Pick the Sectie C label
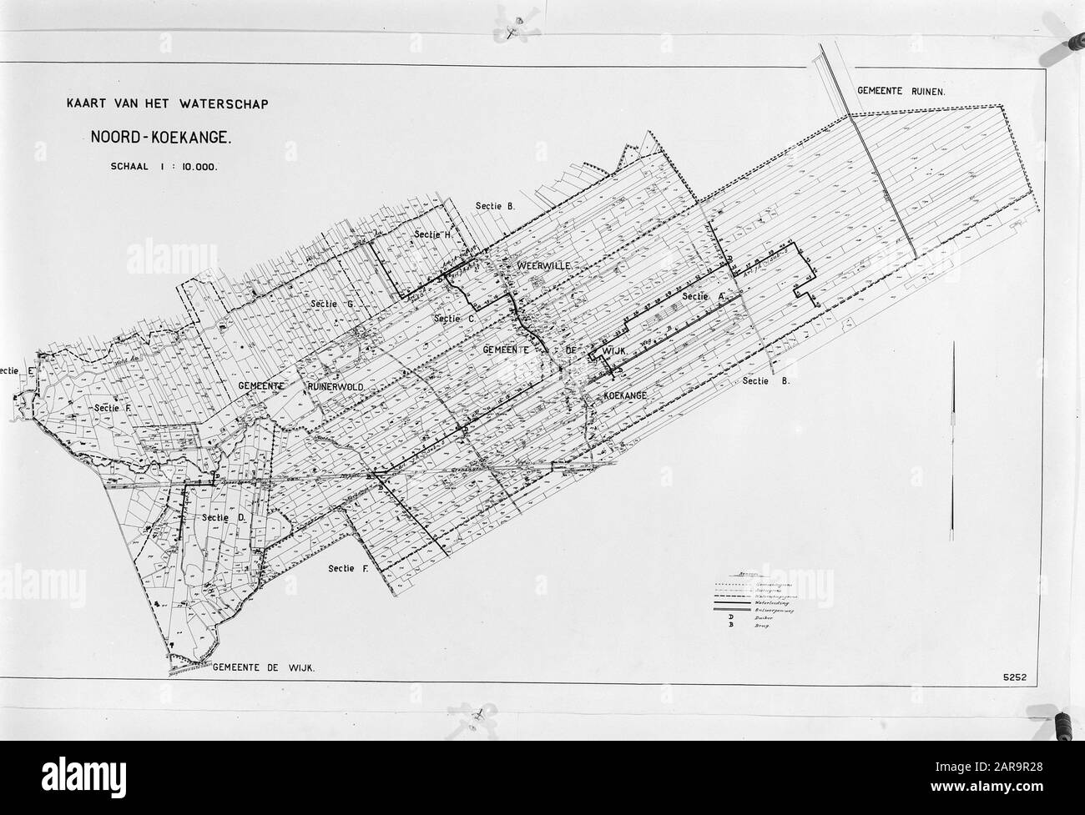(x=455, y=319)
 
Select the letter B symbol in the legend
(x=731, y=626)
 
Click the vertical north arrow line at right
(x=952, y=442)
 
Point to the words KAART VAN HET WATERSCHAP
(x=163, y=105)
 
